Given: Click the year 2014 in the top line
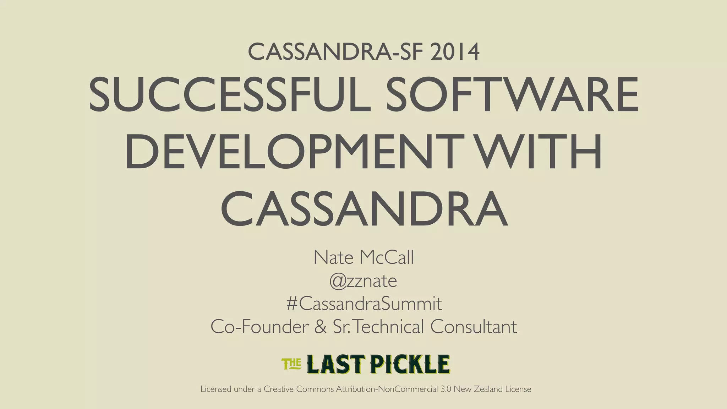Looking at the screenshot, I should tap(455, 52).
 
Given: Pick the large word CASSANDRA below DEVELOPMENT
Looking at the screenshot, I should tap(364, 209).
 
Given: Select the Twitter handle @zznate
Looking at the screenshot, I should tap(363, 281).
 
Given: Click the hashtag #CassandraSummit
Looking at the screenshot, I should tap(364, 304).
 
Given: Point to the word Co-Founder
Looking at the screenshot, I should tap(259, 327).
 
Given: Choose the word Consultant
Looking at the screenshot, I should tap(474, 327).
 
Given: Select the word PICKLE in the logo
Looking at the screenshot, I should tap(410, 364).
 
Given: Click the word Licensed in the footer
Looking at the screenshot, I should tap(216, 389).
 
